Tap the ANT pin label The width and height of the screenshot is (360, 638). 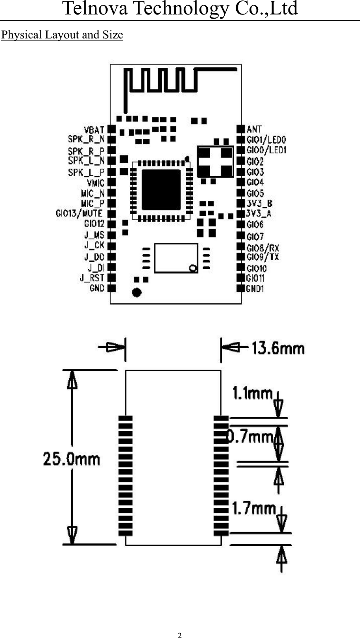point(254,130)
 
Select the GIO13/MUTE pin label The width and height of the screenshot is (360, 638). point(79,213)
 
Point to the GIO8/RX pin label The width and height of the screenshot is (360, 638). point(263,248)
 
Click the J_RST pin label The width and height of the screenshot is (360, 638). point(92,278)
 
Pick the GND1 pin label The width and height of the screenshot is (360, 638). point(255,289)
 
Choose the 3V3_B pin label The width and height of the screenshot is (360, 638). point(259,203)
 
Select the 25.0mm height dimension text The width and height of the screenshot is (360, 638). point(72,459)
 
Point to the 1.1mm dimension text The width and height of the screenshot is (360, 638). point(252,393)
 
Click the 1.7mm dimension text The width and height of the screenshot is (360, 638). point(253,508)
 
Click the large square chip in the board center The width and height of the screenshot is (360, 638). point(161,190)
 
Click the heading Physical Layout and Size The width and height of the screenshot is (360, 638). point(62,35)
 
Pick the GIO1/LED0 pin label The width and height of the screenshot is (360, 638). point(266,140)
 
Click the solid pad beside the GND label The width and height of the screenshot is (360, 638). point(111,288)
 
